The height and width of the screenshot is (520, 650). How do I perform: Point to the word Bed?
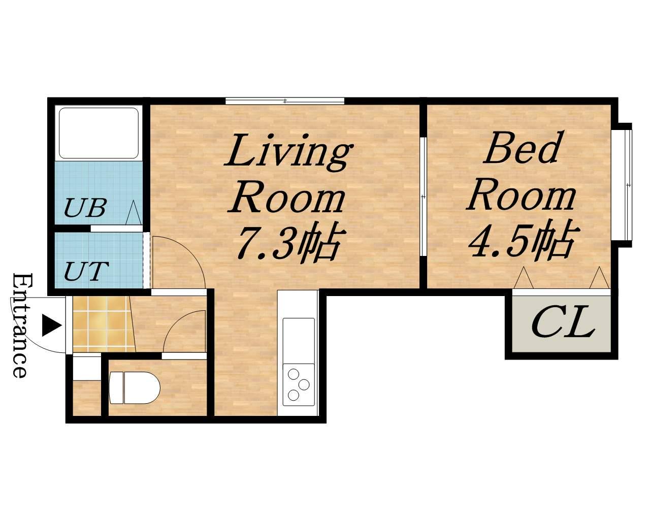[521, 148]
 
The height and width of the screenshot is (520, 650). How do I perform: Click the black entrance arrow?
[52, 325]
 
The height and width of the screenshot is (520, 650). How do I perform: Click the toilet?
[134, 387]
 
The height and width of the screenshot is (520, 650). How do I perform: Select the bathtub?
[99, 133]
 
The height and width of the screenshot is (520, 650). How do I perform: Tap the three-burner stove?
[299, 385]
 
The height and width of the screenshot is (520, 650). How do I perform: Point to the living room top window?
[285, 101]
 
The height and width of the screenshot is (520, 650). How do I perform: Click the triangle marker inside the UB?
[133, 212]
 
